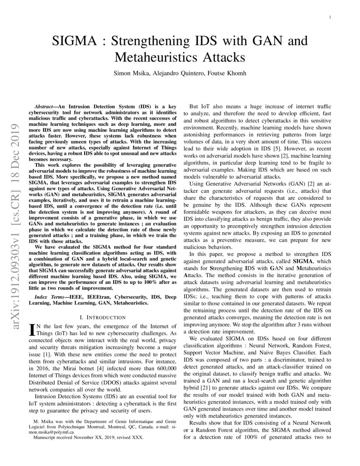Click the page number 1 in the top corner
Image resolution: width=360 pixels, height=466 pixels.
329,17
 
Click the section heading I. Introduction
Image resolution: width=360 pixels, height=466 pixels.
102,317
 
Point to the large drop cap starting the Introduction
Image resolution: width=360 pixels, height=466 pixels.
31,329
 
